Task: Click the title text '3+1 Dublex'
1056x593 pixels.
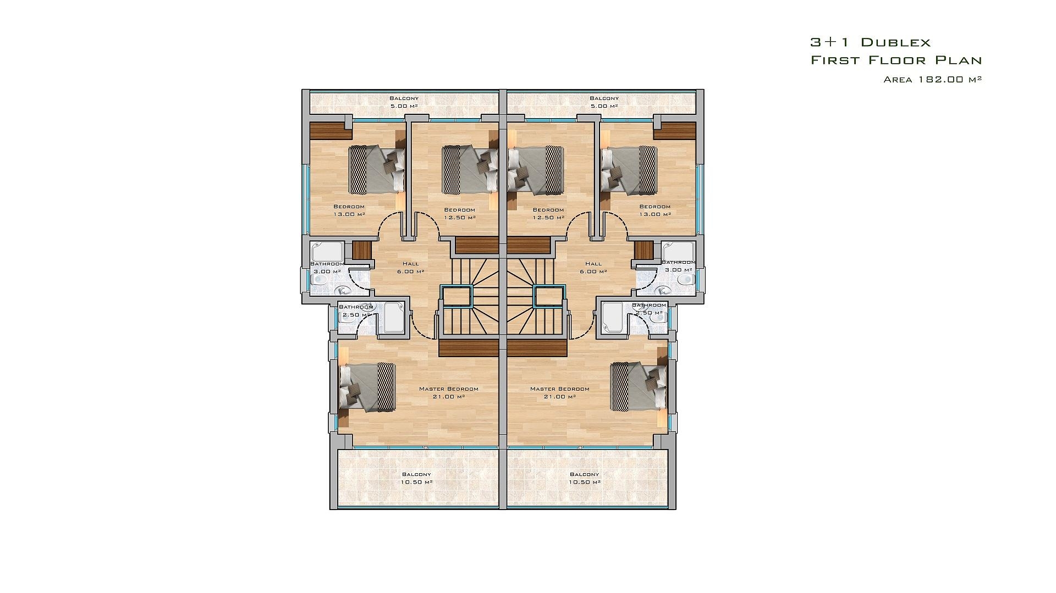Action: click(x=870, y=42)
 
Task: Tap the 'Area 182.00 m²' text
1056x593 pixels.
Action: click(x=933, y=79)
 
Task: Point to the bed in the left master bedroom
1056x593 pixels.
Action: click(x=367, y=387)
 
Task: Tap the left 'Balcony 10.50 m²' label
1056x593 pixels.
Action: click(x=416, y=478)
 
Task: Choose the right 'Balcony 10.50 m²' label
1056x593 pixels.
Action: click(x=584, y=478)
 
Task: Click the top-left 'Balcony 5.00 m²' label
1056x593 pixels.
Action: click(x=404, y=102)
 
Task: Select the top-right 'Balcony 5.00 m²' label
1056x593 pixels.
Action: click(x=604, y=102)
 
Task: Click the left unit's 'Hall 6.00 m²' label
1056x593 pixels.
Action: click(x=410, y=268)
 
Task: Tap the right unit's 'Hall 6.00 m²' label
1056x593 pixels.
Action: click(x=593, y=268)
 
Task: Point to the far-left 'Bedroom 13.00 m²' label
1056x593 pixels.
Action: click(x=349, y=210)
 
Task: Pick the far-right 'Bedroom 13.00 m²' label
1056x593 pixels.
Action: click(x=654, y=210)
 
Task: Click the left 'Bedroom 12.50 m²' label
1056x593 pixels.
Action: click(x=459, y=213)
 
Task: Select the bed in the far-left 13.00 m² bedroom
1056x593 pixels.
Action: click(x=377, y=169)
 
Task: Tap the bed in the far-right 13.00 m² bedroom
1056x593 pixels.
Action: click(x=629, y=169)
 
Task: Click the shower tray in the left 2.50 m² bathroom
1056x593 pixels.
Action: click(x=394, y=318)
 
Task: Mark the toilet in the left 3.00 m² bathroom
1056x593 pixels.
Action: click(x=318, y=280)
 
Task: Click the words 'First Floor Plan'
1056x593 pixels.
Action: click(x=897, y=60)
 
